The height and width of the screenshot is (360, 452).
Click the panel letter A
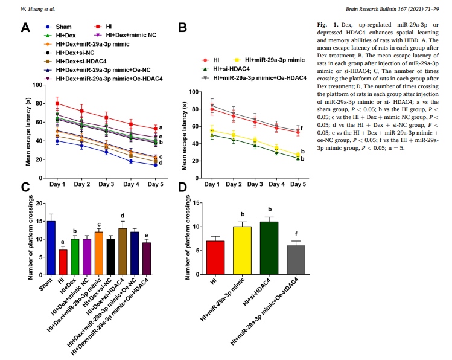25,28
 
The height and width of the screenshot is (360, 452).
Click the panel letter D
182,187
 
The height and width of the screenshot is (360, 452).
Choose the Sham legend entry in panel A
63,27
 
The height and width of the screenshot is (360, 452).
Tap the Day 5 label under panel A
155,184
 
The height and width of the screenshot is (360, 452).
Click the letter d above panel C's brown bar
122,216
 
